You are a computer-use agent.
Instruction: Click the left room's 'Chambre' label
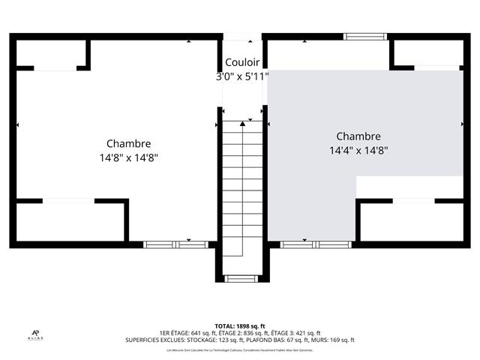[x=128, y=143]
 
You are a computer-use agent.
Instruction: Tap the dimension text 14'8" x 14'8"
[x=128, y=157]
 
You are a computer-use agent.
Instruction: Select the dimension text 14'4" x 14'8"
[x=358, y=150]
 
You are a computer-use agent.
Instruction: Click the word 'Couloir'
[x=242, y=63]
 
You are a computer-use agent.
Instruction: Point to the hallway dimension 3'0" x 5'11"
[x=242, y=76]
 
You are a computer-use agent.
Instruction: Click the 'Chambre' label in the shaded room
[x=358, y=136]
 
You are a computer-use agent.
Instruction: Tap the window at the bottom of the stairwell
[x=240, y=279]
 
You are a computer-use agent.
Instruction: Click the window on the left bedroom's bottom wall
[x=168, y=244]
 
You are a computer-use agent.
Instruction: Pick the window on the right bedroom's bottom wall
[x=316, y=244]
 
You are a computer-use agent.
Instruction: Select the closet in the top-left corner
[x=51, y=52]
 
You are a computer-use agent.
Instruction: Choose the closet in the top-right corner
[x=427, y=52]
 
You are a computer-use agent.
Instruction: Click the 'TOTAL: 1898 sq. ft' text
[x=240, y=326]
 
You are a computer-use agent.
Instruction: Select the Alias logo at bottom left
[x=35, y=334]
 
